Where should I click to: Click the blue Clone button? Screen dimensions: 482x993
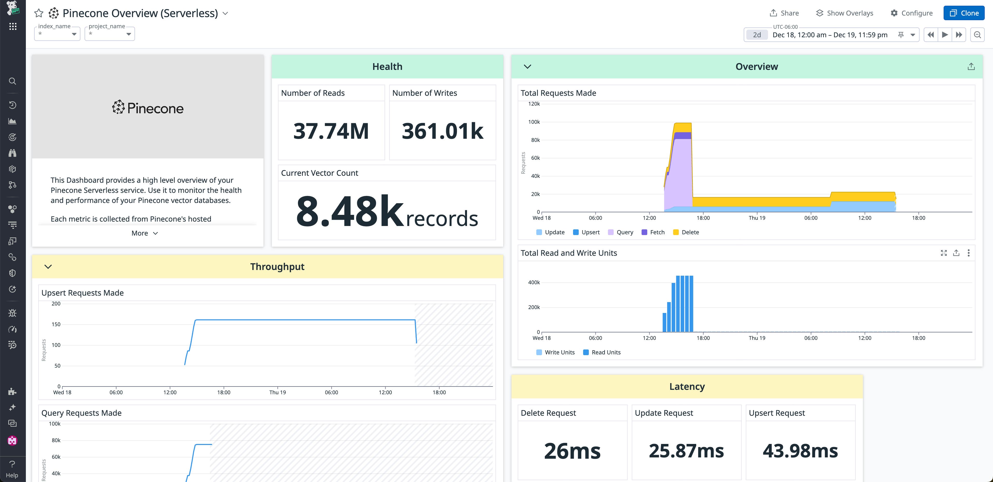[x=964, y=13]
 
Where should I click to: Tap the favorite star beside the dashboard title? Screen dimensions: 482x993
[x=39, y=13]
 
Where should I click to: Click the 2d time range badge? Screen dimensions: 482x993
[x=757, y=35]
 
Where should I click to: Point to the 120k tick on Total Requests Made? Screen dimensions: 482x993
[x=534, y=104]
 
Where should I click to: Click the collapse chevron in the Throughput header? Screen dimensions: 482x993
[x=48, y=267]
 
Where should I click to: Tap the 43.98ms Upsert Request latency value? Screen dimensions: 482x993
[x=800, y=451]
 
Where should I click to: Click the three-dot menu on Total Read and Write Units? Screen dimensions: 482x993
[x=968, y=253]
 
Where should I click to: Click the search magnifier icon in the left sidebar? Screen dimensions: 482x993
[x=12, y=81]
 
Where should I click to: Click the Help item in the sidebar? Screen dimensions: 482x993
[x=12, y=469]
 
